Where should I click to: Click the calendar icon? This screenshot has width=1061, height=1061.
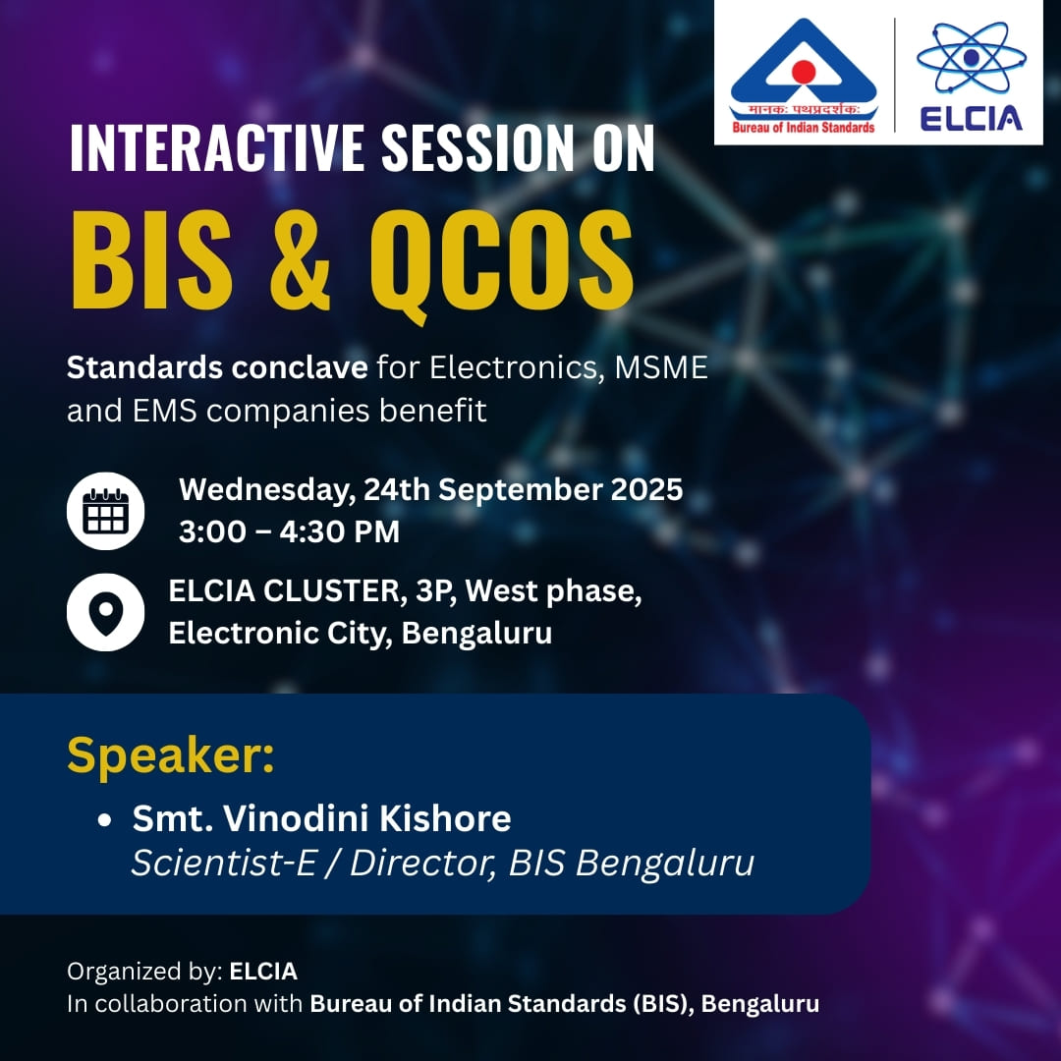coord(105,511)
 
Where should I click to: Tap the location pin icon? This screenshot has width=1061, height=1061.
coord(105,612)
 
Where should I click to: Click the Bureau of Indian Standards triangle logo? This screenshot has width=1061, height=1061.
coord(804,76)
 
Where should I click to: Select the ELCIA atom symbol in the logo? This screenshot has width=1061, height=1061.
coord(971,58)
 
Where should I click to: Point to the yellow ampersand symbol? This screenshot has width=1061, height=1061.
coord(301,261)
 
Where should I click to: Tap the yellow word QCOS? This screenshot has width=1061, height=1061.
coord(501,264)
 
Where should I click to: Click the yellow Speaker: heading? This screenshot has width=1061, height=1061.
coord(171,754)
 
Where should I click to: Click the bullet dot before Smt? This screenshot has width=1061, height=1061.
coord(104,820)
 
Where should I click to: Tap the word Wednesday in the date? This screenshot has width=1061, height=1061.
coord(267,490)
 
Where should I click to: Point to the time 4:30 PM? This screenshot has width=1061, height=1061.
coord(340,531)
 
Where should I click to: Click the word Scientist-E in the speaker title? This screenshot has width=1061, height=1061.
coord(224,863)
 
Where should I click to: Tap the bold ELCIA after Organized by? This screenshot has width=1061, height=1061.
coord(263,972)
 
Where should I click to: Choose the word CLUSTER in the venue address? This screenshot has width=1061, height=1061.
coord(334,590)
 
